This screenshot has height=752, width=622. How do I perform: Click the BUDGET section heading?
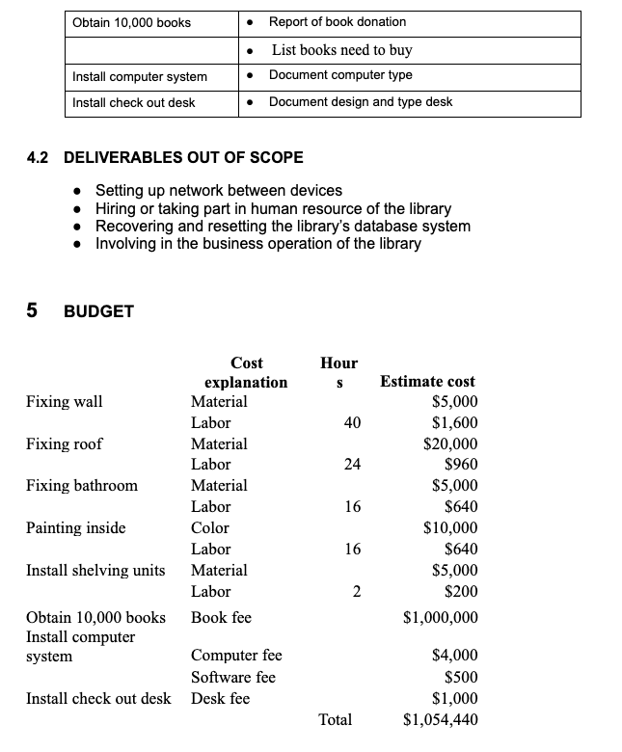(97, 311)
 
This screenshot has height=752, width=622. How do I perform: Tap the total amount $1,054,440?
(440, 719)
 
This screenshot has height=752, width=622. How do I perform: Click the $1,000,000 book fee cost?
(440, 617)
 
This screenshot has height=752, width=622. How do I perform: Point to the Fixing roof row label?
(64, 443)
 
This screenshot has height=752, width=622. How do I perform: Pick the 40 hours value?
(352, 422)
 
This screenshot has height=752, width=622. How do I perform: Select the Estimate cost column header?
(428, 382)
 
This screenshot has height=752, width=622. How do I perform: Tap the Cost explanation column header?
(246, 372)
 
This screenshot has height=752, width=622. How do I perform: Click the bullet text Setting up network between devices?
(218, 191)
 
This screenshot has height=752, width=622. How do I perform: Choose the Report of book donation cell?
(337, 22)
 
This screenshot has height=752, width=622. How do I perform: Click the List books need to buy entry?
(341, 49)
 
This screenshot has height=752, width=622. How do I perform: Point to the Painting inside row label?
(75, 527)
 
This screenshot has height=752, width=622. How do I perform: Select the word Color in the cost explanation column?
(210, 527)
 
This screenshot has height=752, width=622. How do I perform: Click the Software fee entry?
(232, 677)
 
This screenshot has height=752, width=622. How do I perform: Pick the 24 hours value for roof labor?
(352, 465)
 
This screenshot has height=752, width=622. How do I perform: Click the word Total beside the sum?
(335, 719)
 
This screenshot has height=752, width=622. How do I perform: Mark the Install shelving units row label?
(95, 570)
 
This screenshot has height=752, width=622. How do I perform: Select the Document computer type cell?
(339, 75)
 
